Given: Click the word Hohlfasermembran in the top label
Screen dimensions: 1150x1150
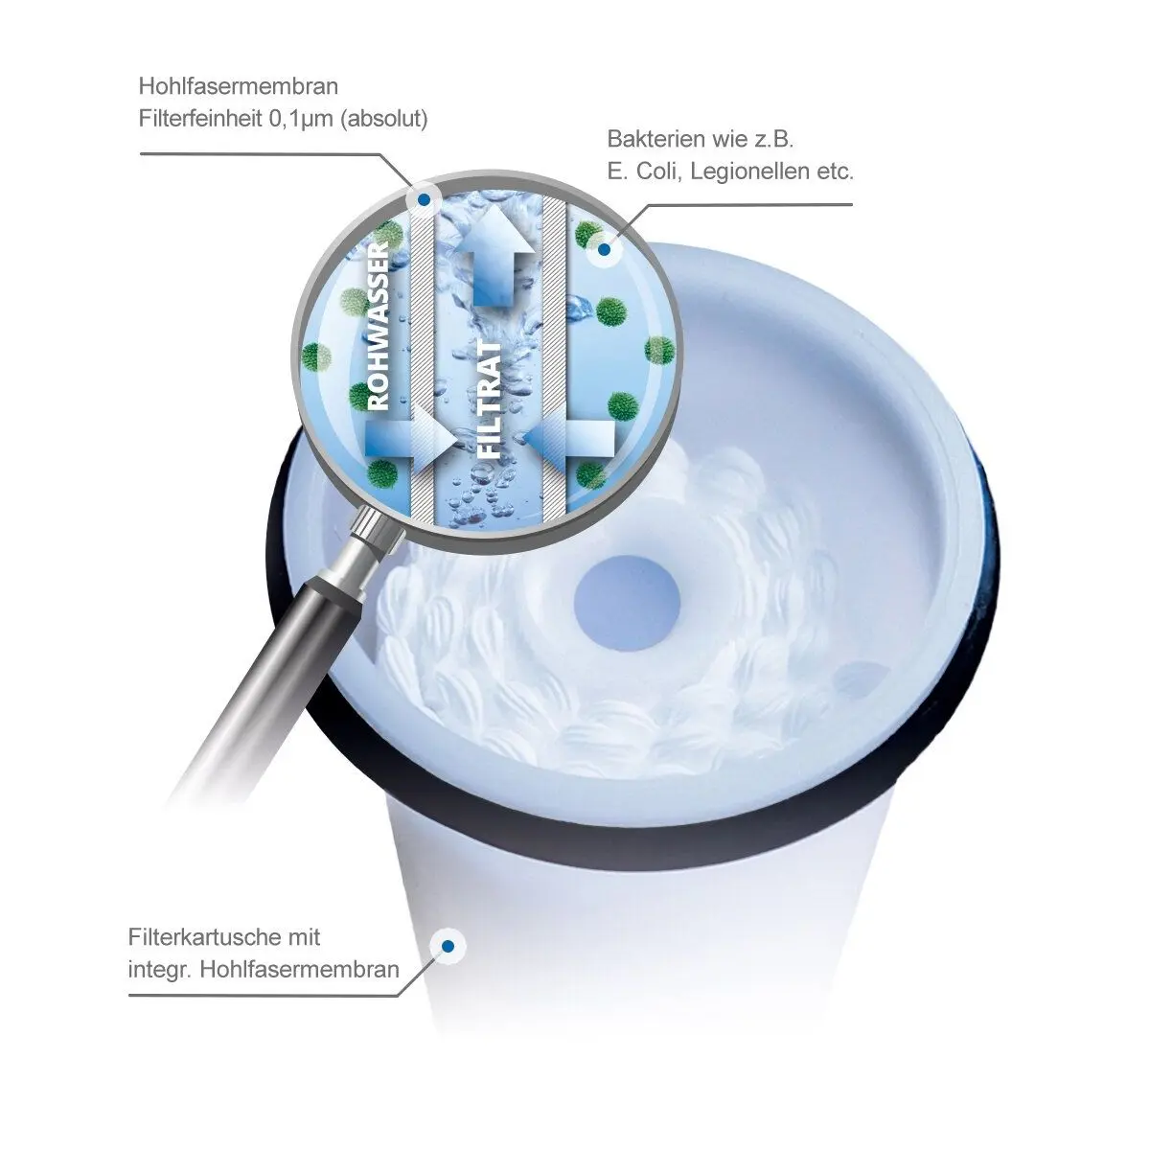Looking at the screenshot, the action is (x=238, y=86).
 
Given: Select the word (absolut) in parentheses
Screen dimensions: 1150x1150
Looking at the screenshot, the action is (x=383, y=119).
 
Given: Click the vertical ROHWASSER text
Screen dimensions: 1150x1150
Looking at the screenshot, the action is (x=379, y=325).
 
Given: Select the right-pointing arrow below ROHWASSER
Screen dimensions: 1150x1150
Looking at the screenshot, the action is (x=410, y=439).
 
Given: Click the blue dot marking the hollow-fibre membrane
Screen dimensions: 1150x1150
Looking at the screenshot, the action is (x=424, y=200).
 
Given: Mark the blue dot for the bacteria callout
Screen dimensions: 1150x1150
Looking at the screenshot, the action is (x=604, y=249).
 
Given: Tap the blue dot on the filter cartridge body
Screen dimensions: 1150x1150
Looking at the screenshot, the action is (x=448, y=947).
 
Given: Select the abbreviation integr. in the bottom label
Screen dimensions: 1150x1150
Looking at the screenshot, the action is (x=160, y=971).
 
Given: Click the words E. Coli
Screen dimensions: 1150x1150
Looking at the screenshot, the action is (x=645, y=172).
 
